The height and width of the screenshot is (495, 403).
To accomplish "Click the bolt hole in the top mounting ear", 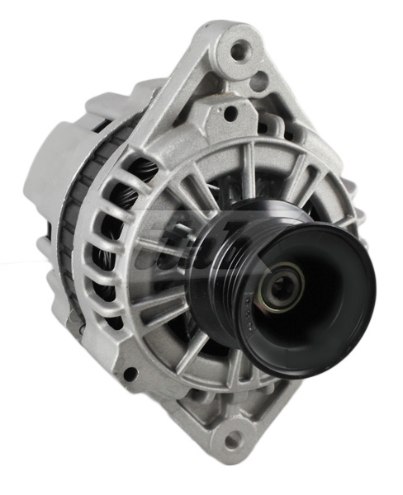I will pos(240,51).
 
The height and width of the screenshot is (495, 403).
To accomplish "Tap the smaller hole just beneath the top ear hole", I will pos(258,81).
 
